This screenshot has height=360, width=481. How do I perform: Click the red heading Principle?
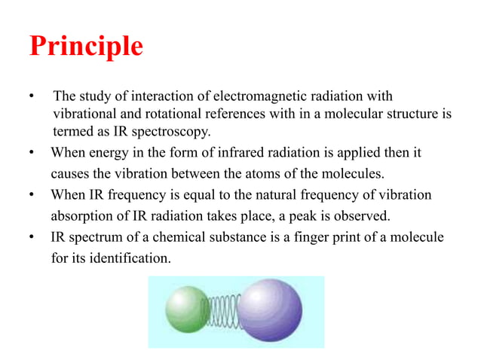click(86, 47)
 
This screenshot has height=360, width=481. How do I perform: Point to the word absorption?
click(80, 217)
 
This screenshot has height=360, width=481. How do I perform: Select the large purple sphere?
click(269, 310)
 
